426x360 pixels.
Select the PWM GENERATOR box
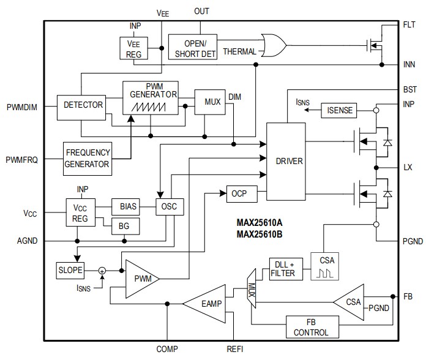151,97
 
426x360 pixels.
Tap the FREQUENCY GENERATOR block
88,158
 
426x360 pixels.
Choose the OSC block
170,207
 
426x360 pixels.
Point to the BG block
125,226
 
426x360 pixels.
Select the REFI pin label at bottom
236,349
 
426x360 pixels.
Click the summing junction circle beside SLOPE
102,270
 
